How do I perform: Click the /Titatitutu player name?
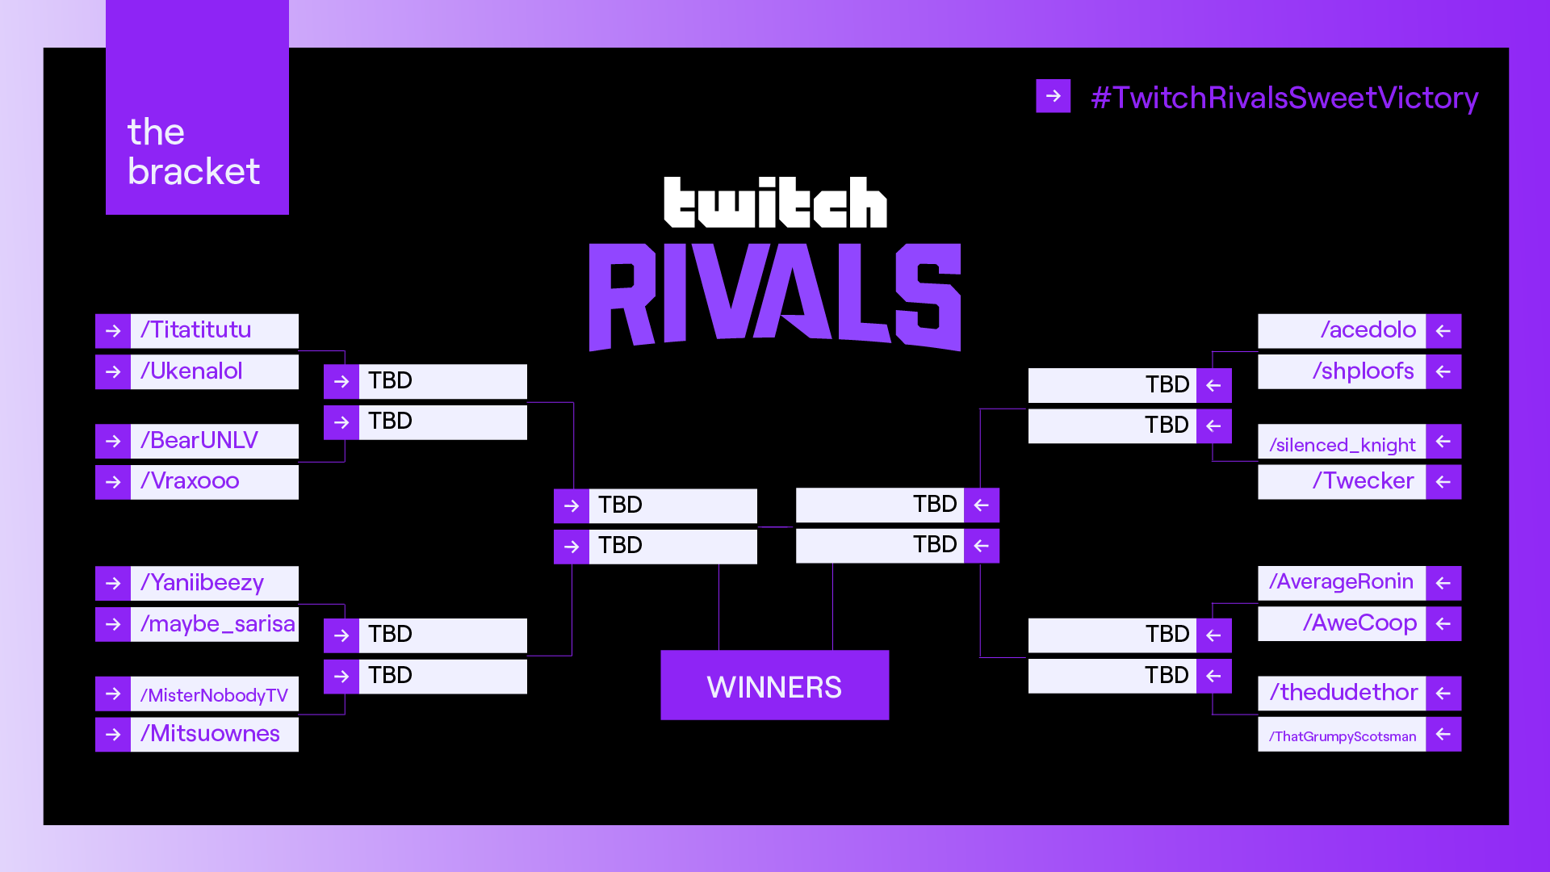click(x=196, y=330)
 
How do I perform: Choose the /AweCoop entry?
click(x=1359, y=624)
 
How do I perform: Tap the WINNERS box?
click(x=775, y=685)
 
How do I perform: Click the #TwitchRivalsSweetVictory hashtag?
click(x=1284, y=98)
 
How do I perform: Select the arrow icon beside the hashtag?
click(x=1054, y=96)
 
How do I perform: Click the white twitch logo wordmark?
click(x=775, y=202)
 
